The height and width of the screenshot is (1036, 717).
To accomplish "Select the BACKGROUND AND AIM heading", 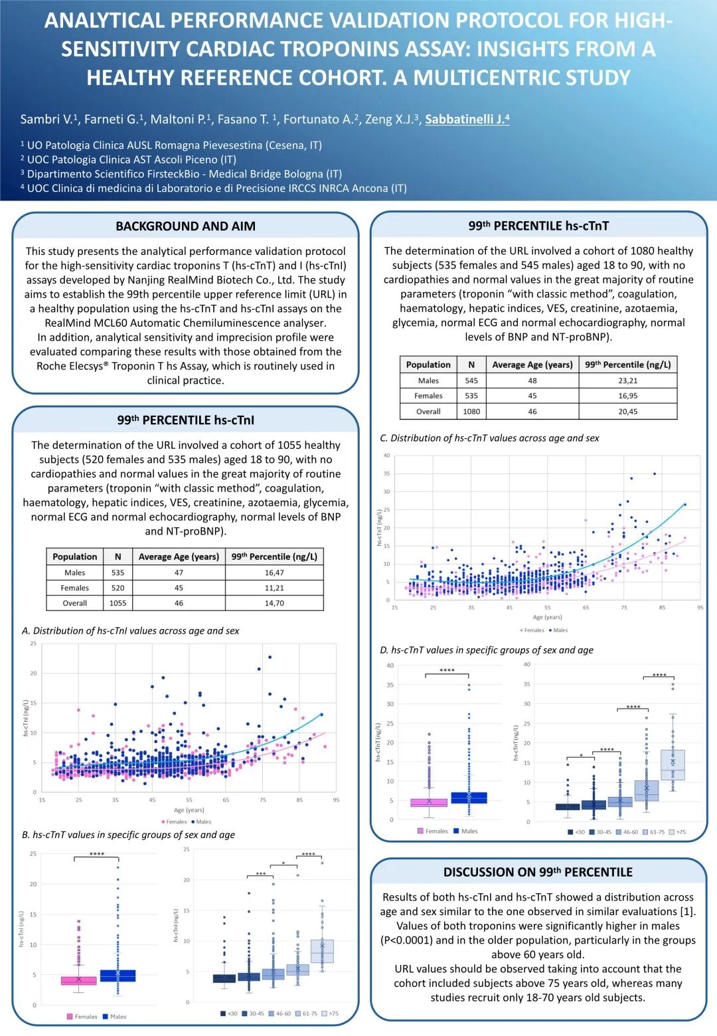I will [185, 226].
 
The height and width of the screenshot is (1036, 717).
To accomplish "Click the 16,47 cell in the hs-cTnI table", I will [274, 572].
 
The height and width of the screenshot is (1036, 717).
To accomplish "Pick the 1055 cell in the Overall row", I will [118, 603].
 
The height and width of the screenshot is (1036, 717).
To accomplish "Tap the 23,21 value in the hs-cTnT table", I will [627, 381].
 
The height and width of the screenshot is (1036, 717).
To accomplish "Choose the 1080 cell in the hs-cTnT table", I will [471, 412].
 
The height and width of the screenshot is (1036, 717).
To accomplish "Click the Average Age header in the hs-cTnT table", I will [532, 365].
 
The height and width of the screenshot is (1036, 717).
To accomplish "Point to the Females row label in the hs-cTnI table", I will [75, 588].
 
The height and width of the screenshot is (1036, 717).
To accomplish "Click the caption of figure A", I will [130, 631].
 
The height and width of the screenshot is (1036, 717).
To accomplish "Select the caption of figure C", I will [489, 438].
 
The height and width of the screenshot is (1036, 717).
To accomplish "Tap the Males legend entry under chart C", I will [558, 630].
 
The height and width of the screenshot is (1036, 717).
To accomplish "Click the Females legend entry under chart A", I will [175, 821].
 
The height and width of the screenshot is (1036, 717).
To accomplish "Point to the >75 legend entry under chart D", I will [678, 831].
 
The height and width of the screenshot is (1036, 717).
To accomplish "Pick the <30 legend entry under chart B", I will [229, 1013].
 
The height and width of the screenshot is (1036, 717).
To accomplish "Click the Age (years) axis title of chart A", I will [189, 810].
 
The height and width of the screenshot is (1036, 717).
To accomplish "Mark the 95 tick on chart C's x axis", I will [700, 608].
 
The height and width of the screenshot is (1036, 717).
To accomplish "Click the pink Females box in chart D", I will [429, 802].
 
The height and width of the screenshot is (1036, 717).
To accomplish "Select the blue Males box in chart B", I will [118, 976].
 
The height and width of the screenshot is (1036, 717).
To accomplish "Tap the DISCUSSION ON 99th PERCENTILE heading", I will [538, 873].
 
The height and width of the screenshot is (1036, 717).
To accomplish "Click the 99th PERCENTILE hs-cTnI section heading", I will [185, 420].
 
